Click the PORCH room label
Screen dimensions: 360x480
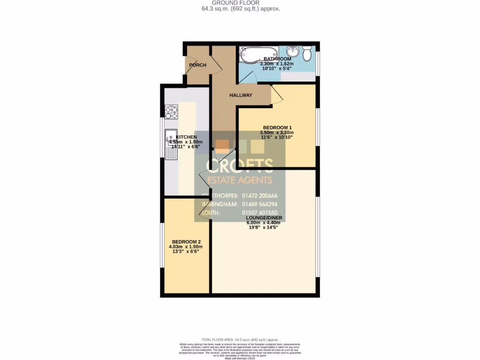point(197,65)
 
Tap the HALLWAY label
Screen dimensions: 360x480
point(240,95)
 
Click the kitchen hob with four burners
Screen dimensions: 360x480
point(171,112)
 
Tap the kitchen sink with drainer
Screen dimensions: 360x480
point(171,142)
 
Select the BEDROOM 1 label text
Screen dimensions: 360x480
point(277,127)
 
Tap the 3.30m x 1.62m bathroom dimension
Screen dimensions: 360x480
point(277,64)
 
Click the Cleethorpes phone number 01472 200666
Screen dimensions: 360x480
point(259,195)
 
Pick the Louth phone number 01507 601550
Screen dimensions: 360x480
point(259,213)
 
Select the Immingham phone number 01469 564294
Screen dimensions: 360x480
point(259,204)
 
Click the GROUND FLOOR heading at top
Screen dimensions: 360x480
point(240,3)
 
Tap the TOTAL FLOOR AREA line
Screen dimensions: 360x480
point(240,339)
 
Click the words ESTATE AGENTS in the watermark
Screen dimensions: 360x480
point(240,180)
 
